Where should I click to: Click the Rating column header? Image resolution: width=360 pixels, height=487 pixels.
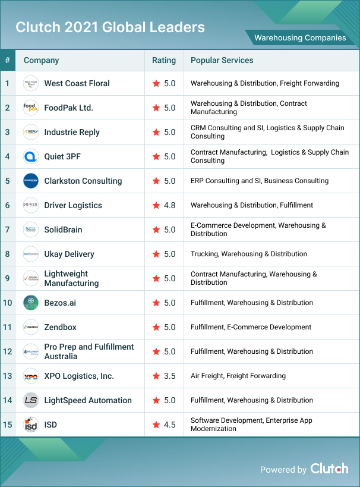click(x=164, y=60)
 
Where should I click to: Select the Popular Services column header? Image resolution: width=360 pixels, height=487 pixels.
click(x=222, y=60)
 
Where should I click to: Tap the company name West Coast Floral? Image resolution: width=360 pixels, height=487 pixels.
click(x=77, y=83)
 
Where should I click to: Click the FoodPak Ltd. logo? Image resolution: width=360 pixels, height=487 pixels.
click(x=31, y=108)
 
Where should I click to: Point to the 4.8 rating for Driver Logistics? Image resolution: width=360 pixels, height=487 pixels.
click(x=169, y=205)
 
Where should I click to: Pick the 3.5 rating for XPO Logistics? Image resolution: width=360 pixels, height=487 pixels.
click(x=169, y=376)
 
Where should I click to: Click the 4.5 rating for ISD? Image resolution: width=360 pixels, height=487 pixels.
click(x=169, y=425)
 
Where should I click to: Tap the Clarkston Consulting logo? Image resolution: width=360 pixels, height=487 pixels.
click(x=31, y=181)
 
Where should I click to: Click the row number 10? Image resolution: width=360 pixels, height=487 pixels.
click(x=7, y=303)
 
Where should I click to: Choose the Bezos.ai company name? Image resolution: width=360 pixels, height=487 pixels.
click(x=60, y=303)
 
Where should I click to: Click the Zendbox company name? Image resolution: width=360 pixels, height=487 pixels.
click(x=60, y=327)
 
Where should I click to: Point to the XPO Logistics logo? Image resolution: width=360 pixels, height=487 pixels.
click(x=31, y=376)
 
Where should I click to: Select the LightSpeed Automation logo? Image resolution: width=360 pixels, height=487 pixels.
click(x=31, y=400)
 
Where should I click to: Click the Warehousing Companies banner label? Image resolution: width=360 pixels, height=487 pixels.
click(x=300, y=37)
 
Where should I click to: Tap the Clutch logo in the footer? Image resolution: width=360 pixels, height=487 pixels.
click(x=329, y=469)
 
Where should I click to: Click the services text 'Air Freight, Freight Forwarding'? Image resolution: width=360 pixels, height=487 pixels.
click(x=238, y=376)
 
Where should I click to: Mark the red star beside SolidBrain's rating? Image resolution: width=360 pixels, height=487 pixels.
click(x=156, y=230)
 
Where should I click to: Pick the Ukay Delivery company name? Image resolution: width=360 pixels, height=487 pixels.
click(x=69, y=254)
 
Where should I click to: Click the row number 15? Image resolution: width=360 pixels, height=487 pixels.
click(x=7, y=425)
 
